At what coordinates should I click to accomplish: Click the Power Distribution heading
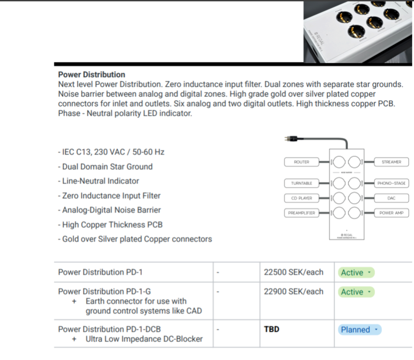pos(92,75)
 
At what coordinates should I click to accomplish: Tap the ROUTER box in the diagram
pos(302,162)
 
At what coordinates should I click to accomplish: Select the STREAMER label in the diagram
pos(391,162)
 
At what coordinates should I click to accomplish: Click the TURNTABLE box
pos(301,183)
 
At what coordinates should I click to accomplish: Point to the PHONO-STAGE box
pos(391,183)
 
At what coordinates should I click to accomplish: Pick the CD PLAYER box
pos(301,198)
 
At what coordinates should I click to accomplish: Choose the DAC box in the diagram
pos(391,198)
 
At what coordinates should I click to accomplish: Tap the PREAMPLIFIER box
pos(301,213)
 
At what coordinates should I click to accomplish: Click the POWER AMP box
pos(391,213)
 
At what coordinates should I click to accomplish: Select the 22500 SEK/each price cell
pos(293,272)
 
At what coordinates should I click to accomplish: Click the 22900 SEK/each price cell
pos(293,291)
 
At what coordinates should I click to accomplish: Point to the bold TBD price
pos(271,329)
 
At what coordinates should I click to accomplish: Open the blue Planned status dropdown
pos(360,330)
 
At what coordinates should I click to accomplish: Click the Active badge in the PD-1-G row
pos(356,292)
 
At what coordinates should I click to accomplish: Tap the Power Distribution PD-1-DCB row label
pos(109,329)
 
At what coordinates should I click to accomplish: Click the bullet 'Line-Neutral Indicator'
pos(100,181)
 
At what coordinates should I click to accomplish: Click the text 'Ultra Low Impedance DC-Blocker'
pos(144,339)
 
